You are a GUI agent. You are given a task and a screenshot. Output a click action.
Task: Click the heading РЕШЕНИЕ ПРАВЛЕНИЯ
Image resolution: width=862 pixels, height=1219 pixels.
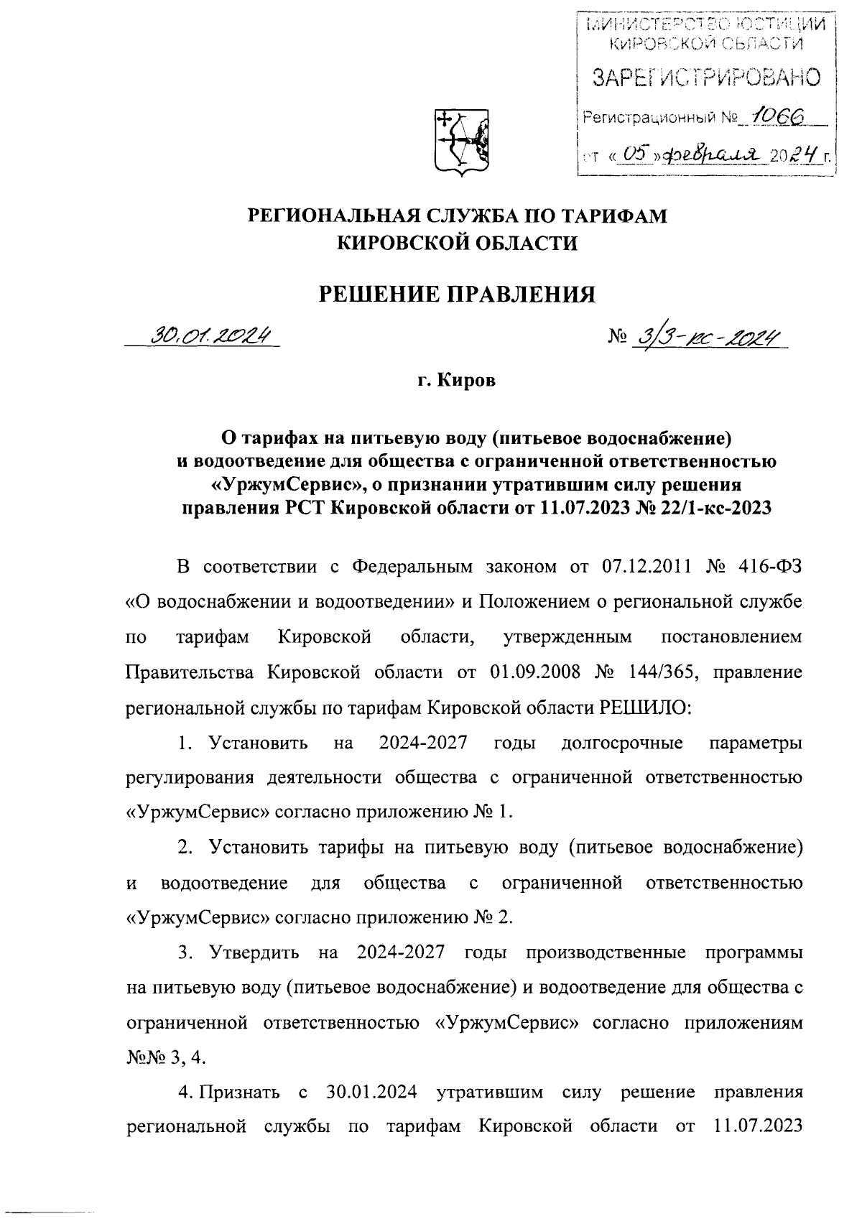pos(457,294)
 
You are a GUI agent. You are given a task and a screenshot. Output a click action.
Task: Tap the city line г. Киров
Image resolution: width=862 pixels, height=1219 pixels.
pos(457,380)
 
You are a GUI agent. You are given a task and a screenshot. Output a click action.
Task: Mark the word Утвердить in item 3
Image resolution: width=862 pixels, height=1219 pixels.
pos(255,953)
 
